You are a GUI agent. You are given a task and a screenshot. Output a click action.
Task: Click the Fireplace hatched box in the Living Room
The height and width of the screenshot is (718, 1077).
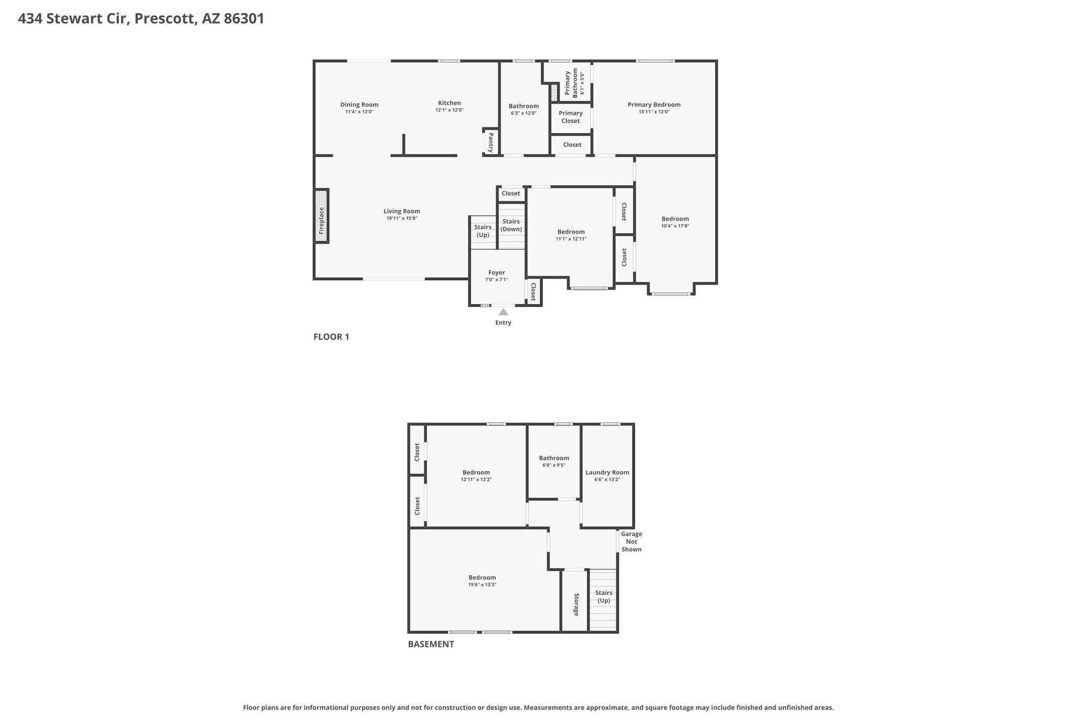coord(321,216)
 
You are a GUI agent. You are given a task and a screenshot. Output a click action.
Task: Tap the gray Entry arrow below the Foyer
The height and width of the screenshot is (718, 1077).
coord(503,312)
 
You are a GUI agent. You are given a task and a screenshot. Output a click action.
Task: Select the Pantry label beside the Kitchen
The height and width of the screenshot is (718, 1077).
coord(491,142)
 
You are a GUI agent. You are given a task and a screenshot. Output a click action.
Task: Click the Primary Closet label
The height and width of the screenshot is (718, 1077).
coord(571,117)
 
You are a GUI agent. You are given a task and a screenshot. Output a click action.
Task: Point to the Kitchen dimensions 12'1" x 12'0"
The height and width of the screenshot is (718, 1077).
coord(449,110)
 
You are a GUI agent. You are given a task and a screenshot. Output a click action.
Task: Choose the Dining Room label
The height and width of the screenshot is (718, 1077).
coord(359,105)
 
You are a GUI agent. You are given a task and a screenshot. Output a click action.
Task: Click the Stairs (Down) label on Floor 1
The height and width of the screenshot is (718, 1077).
coord(511,225)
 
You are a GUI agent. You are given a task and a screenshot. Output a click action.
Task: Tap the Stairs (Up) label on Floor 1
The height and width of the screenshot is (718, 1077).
coord(483,231)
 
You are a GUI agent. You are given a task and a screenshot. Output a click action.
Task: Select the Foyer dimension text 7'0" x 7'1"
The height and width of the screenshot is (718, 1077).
coord(496,280)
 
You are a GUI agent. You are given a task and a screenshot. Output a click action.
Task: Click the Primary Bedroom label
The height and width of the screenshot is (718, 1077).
coord(654,105)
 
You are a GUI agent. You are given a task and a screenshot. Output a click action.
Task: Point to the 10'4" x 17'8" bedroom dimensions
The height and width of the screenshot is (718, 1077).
coord(675,226)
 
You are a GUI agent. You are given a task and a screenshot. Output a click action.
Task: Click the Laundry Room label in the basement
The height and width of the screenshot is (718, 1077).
coord(607,472)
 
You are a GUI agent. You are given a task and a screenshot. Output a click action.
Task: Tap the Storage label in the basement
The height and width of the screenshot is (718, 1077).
coord(576,605)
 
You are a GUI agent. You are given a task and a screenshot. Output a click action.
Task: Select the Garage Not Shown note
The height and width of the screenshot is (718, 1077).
coord(632,542)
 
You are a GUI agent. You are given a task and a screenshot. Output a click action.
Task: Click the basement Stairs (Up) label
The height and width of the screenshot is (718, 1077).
coord(604,596)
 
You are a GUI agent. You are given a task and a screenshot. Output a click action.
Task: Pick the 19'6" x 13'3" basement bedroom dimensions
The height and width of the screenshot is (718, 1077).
coord(482,584)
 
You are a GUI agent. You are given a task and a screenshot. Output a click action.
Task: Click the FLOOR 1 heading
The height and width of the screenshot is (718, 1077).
coord(331,337)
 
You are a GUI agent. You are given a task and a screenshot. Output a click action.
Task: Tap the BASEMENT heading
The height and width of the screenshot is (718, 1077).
coord(431,644)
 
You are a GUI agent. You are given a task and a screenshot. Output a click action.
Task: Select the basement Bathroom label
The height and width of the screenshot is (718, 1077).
coord(554,458)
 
